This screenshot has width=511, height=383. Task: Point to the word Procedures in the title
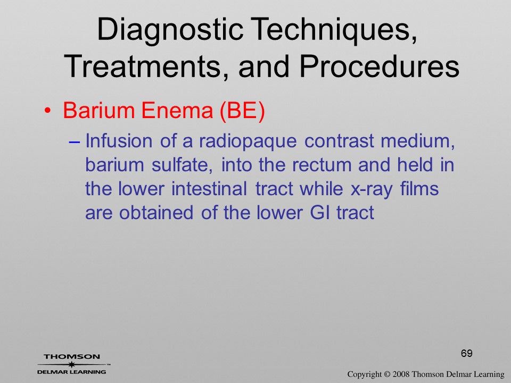379,66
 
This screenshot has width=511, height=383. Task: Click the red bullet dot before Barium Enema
47,111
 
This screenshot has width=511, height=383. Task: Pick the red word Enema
177,110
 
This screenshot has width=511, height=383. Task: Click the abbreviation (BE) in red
243,111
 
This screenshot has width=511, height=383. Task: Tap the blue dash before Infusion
75,141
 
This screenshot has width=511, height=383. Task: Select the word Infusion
119,140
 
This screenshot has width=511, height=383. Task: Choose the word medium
418,141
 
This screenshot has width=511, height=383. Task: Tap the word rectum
322,165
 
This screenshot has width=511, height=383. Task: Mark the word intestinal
209,189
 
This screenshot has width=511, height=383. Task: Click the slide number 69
467,353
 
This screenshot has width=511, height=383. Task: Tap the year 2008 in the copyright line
401,374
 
